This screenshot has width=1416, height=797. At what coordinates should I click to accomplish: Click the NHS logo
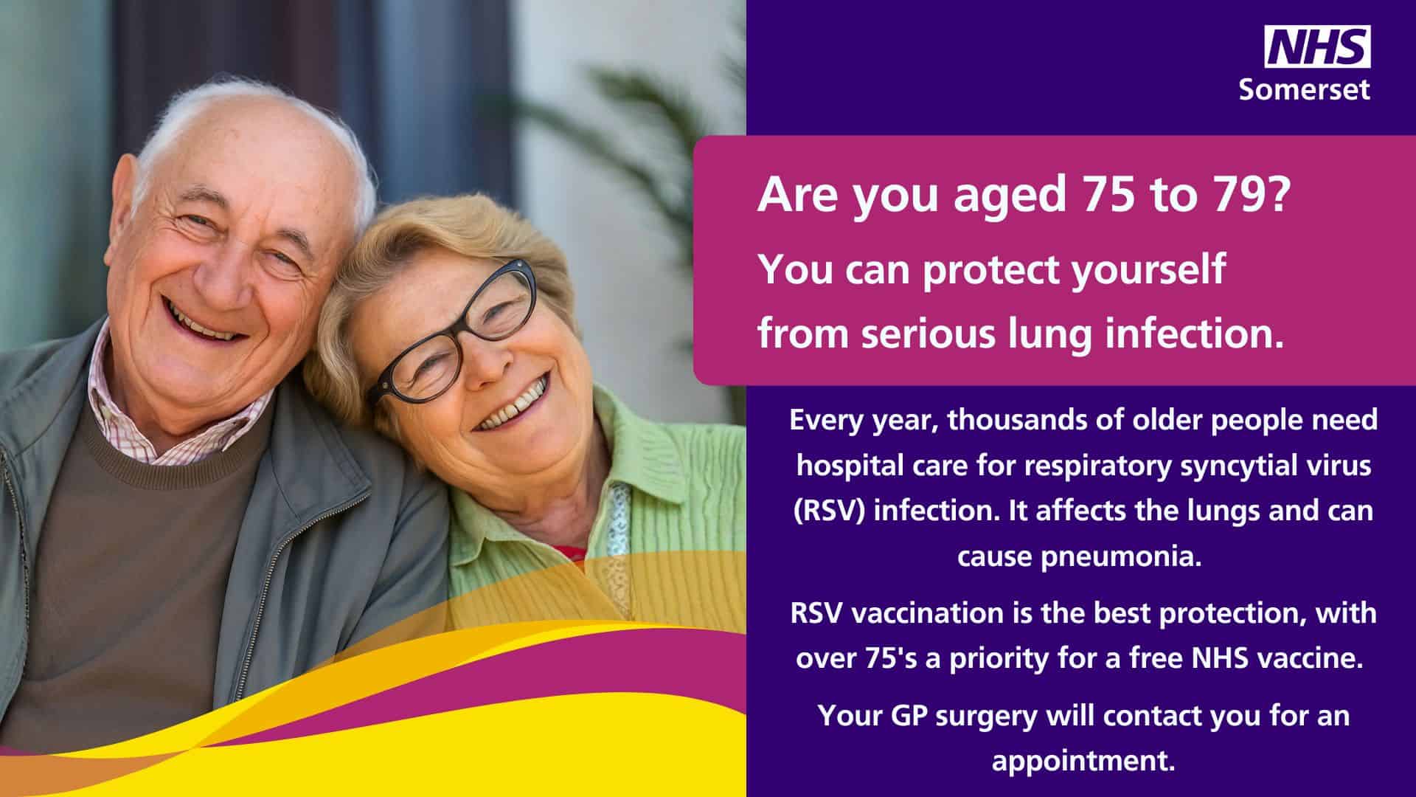(x=1318, y=46)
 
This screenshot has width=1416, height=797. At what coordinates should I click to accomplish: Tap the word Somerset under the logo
(x=1304, y=89)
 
